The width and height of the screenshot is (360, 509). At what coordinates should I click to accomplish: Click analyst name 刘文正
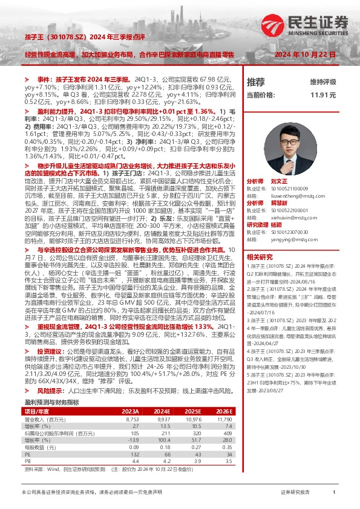[279, 181]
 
